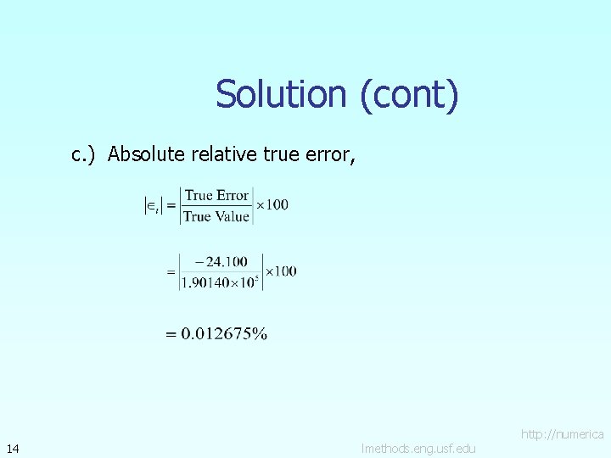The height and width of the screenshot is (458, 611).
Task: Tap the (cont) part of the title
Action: click(x=409, y=94)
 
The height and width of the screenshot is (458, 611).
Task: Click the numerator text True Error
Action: click(x=217, y=195)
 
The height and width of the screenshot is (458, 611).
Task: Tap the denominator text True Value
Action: click(x=216, y=216)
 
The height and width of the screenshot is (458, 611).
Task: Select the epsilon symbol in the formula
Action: click(x=151, y=205)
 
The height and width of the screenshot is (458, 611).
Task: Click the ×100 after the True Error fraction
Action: click(x=272, y=204)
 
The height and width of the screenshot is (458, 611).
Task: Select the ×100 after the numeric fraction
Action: click(x=281, y=271)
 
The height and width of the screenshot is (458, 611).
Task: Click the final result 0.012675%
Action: click(x=223, y=334)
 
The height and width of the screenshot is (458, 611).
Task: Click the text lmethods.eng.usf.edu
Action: click(x=418, y=448)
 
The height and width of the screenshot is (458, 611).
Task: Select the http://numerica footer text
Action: click(x=563, y=434)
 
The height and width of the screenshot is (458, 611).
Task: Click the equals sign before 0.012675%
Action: click(x=171, y=334)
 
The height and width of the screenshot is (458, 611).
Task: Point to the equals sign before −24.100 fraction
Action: click(x=171, y=272)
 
